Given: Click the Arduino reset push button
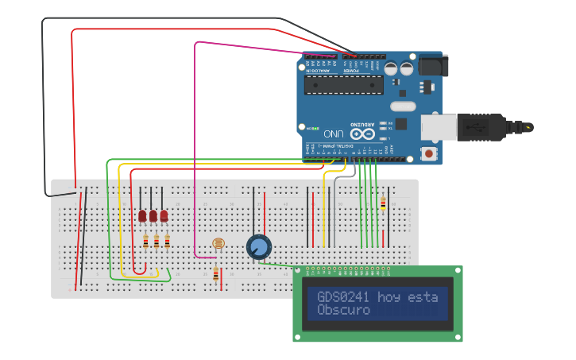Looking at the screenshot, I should pyautogui.click(x=430, y=153).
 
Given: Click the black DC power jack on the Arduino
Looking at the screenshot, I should pyautogui.click(x=432, y=64).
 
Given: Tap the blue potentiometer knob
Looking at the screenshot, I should pyautogui.click(x=258, y=247).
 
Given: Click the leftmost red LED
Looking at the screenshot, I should pyautogui.click(x=142, y=215).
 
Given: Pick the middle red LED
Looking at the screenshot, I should pyautogui.click(x=153, y=215).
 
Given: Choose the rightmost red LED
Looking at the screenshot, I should pyautogui.click(x=164, y=215).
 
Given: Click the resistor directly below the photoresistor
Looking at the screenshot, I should pyautogui.click(x=216, y=274).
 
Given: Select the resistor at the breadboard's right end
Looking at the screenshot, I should pyautogui.click(x=383, y=204).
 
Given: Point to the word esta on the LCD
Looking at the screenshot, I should pyautogui.click(x=423, y=297).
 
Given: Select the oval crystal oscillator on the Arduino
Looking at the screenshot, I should pyautogui.click(x=403, y=106).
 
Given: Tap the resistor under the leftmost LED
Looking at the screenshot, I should pyautogui.click(x=145, y=242).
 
